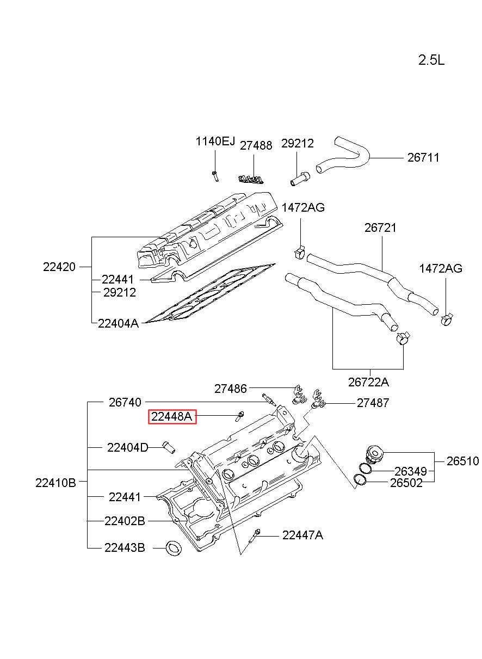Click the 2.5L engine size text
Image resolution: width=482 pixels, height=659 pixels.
[x=431, y=60]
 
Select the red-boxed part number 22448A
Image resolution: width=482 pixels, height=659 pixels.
[x=172, y=417]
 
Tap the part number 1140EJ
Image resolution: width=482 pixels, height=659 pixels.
[x=215, y=141]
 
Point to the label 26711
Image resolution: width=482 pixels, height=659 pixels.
[x=423, y=158]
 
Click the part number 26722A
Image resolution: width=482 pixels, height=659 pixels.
[x=368, y=383]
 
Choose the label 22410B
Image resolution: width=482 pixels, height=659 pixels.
[x=55, y=483]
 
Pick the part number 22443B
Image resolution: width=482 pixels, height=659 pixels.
[x=125, y=547]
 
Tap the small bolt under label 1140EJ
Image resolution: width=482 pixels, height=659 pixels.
[x=215, y=176]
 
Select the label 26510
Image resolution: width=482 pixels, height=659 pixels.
[x=462, y=461]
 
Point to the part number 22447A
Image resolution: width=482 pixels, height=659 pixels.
[x=302, y=535]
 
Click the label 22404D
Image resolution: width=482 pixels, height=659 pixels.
[x=128, y=448]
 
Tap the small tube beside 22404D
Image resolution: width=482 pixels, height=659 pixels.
[x=169, y=447]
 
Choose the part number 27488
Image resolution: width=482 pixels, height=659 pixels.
[x=256, y=146]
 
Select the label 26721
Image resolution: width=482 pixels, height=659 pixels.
[x=380, y=227]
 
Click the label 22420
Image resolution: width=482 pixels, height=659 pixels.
[x=59, y=267]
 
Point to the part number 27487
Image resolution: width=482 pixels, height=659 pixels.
[x=373, y=403]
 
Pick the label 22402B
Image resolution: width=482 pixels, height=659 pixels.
[x=125, y=521]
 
